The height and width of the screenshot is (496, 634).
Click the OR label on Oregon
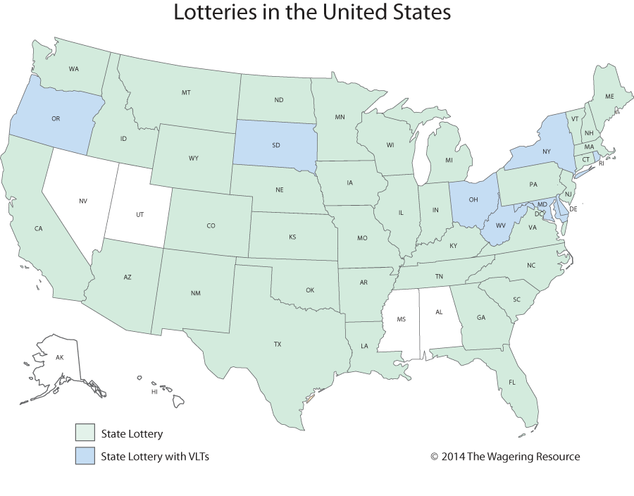click(x=56, y=119)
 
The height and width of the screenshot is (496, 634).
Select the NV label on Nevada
click(x=83, y=201)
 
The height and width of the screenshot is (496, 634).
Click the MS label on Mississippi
click(x=401, y=319)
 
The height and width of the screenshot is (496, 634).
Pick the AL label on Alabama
click(x=439, y=311)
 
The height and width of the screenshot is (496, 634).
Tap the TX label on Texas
click(x=278, y=345)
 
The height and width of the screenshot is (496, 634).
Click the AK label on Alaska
click(x=59, y=359)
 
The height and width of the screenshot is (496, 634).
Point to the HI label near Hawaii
click(x=154, y=391)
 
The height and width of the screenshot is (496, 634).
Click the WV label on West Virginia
click(x=499, y=226)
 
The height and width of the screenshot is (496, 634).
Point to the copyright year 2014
click(x=454, y=457)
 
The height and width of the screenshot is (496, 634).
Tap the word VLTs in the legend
click(x=195, y=457)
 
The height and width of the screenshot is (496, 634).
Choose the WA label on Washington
click(x=73, y=69)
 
